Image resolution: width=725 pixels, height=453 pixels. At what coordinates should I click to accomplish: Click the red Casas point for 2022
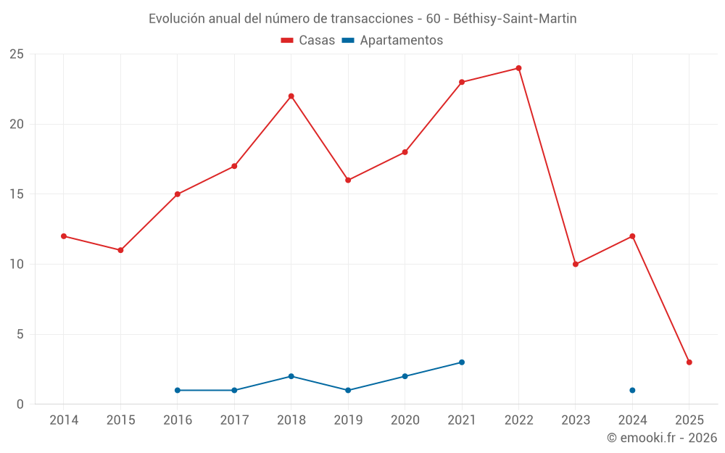[518, 68]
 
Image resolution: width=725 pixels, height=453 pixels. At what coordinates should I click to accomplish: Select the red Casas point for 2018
[291, 96]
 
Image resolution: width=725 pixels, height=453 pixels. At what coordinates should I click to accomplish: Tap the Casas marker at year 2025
[689, 362]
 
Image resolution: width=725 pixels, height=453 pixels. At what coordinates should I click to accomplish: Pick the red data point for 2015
[120, 250]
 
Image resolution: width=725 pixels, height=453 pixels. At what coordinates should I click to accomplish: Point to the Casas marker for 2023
[575, 265]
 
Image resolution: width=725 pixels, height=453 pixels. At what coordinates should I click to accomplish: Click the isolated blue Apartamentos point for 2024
[632, 391]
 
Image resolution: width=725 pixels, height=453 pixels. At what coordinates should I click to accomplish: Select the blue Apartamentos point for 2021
[462, 362]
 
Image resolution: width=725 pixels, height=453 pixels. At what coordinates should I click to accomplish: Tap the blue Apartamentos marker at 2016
[177, 391]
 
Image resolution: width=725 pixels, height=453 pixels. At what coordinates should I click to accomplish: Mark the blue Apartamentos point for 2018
[291, 376]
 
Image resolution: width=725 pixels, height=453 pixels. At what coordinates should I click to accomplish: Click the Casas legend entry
[308, 41]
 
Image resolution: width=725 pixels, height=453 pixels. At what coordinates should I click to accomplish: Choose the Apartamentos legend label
[400, 41]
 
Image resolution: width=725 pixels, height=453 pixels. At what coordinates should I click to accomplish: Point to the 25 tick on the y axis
[16, 54]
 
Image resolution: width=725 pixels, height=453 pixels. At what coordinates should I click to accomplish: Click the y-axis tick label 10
[16, 265]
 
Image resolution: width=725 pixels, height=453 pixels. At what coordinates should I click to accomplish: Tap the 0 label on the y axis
[20, 404]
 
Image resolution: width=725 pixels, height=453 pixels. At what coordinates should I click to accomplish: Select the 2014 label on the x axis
[64, 420]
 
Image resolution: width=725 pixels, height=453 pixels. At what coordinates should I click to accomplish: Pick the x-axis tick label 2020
[405, 420]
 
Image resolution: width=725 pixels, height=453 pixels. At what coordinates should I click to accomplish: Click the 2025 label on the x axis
[689, 420]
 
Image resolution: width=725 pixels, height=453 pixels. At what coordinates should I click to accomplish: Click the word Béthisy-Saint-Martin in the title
[515, 19]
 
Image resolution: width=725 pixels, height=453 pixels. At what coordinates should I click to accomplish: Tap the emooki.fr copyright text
[661, 438]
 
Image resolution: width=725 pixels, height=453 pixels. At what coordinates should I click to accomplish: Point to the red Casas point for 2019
[348, 180]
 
